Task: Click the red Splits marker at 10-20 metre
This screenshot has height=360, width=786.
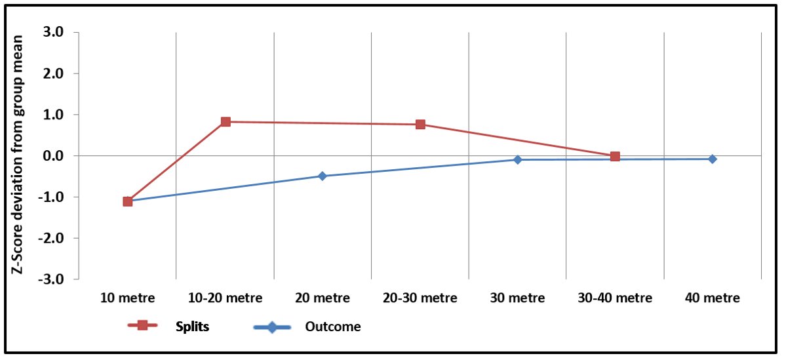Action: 226,121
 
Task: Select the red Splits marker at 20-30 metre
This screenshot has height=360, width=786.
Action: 420,124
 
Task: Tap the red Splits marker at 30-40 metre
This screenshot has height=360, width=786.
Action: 615,156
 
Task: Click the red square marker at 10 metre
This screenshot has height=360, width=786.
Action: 128,201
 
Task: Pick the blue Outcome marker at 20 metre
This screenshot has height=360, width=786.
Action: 323,176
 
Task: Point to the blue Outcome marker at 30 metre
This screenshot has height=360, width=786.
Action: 517,159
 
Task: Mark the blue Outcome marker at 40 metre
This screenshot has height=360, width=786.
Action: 712,159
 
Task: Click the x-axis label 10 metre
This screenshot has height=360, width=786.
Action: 128,298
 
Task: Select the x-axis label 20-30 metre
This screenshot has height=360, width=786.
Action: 420,298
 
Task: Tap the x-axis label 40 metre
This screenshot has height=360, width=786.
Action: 712,298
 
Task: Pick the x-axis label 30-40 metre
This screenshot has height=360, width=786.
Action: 615,298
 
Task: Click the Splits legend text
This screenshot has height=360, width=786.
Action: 192,327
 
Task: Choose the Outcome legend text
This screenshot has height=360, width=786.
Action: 332,327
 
